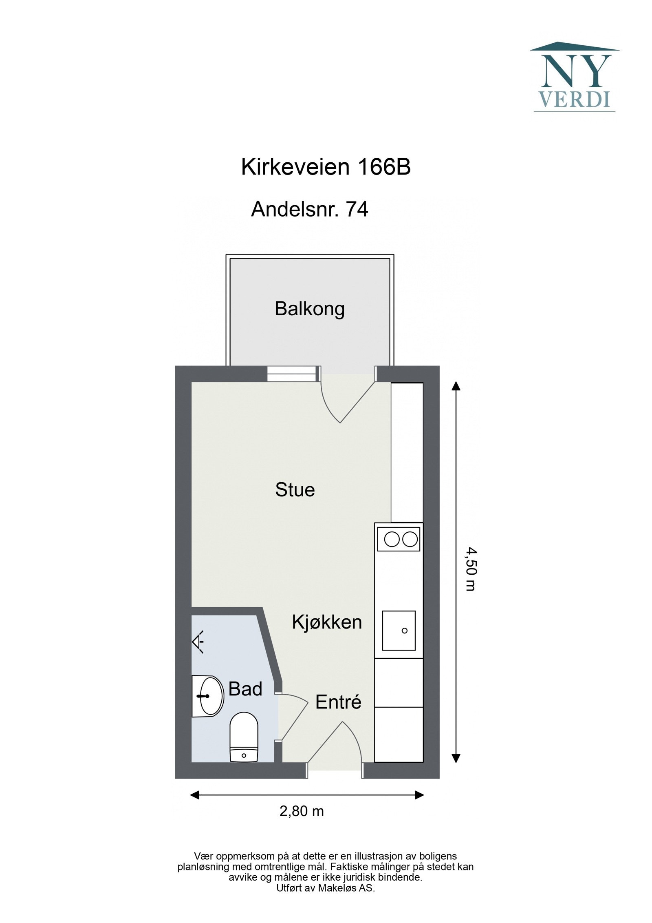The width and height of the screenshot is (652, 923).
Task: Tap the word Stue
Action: click(x=295, y=489)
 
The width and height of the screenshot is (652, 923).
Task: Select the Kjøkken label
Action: click(x=327, y=622)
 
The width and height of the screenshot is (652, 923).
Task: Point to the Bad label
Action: click(x=245, y=689)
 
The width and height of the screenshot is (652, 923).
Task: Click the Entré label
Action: click(x=338, y=702)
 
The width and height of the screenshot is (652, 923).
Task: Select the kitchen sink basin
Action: click(x=399, y=630)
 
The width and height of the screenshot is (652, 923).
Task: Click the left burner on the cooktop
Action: click(x=392, y=540)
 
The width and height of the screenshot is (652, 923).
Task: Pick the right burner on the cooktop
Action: click(x=410, y=540)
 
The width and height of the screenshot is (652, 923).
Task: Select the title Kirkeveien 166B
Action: click(x=326, y=167)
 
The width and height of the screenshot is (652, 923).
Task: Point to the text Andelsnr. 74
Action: click(x=309, y=209)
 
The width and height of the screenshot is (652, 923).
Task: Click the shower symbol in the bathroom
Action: click(x=198, y=642)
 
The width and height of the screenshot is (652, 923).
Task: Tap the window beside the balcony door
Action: click(x=292, y=374)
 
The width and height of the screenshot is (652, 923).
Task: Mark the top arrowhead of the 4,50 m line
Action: click(x=456, y=386)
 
